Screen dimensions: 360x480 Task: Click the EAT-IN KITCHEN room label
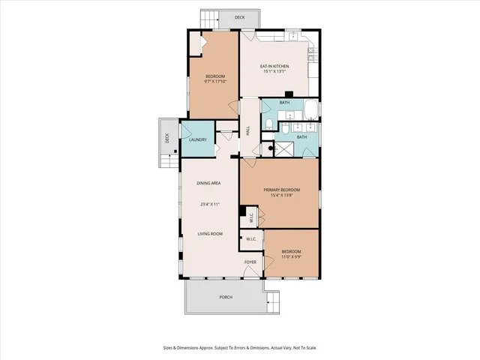tap(274, 67)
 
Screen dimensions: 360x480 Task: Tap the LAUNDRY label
tap(198, 139)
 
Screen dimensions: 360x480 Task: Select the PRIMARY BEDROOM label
tap(281, 190)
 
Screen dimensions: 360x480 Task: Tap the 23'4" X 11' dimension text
tap(209, 204)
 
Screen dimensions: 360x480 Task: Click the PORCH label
tap(226, 297)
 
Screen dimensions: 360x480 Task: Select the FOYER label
tap(250, 262)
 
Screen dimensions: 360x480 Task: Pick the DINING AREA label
tap(208, 183)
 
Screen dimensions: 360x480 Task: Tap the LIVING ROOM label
tap(210, 234)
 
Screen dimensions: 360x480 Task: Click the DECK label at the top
tap(239, 17)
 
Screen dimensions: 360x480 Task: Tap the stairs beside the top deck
tap(208, 19)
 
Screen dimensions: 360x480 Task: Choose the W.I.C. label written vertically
tap(252, 217)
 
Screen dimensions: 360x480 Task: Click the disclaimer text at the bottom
tap(239, 347)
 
